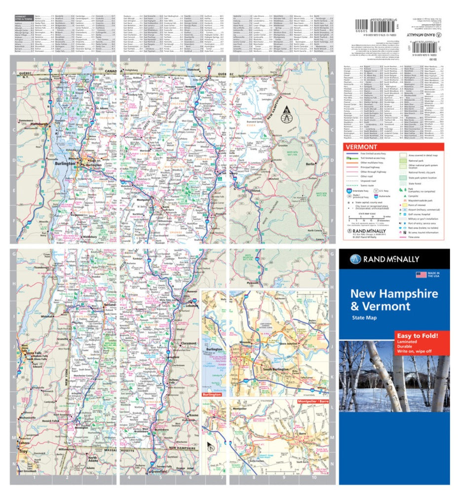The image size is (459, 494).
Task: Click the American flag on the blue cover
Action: click(x=421, y=275)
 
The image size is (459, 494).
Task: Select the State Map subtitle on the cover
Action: click(x=364, y=318)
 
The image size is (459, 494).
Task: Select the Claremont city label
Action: click(x=189, y=343)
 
